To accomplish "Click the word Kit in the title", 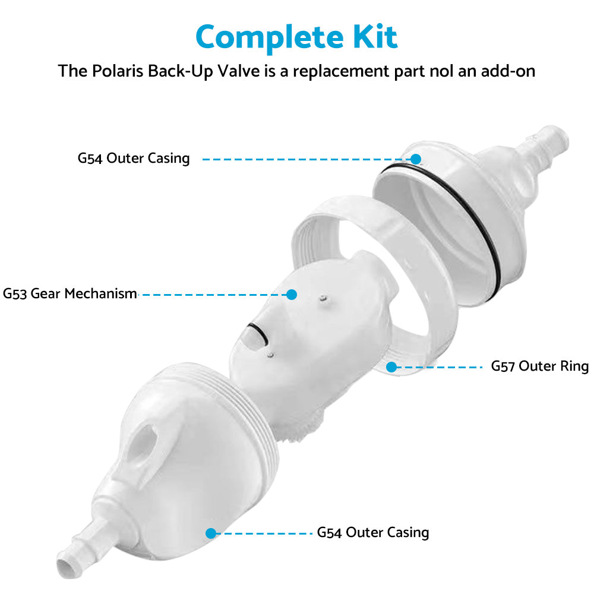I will tap(374, 37).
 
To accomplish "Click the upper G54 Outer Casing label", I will tap(134, 159).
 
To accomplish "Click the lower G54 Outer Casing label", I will tap(373, 532).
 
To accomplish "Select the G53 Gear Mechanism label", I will tap(70, 293).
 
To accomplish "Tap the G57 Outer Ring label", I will tap(539, 366).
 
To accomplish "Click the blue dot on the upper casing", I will tap(416, 159).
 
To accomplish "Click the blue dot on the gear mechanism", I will tap(292, 294).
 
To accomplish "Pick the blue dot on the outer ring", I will tap(391, 367).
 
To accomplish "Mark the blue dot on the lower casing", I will tap(210, 533).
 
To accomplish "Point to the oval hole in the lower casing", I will tap(144, 440).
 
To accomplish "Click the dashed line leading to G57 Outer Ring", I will tap(440, 367).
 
